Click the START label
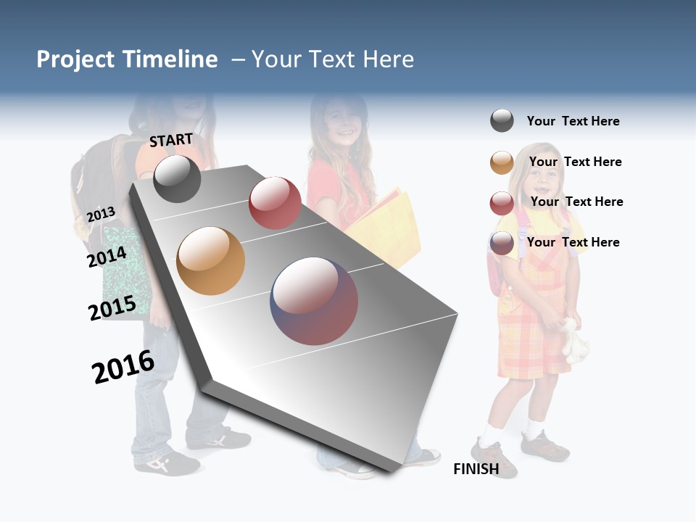pyautogui.click(x=171, y=140)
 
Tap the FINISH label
pyautogui.click(x=476, y=469)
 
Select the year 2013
pyautogui.click(x=101, y=215)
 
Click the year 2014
pyautogui.click(x=107, y=257)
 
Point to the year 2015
pyautogui.click(x=112, y=308)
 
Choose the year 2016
pyautogui.click(x=123, y=367)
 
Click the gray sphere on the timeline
pyautogui.click(x=177, y=178)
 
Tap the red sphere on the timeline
pyautogui.click(x=275, y=202)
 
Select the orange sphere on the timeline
pyautogui.click(x=210, y=261)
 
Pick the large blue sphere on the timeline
pyautogui.click(x=314, y=301)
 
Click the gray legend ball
pyautogui.click(x=502, y=120)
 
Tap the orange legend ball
pyautogui.click(x=502, y=162)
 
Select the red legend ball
pyautogui.click(x=502, y=203)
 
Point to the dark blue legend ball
pyautogui.click(x=502, y=243)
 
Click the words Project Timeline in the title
pyautogui.click(x=127, y=59)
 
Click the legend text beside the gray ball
pyautogui.click(x=573, y=121)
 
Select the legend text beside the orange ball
pyautogui.click(x=575, y=162)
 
